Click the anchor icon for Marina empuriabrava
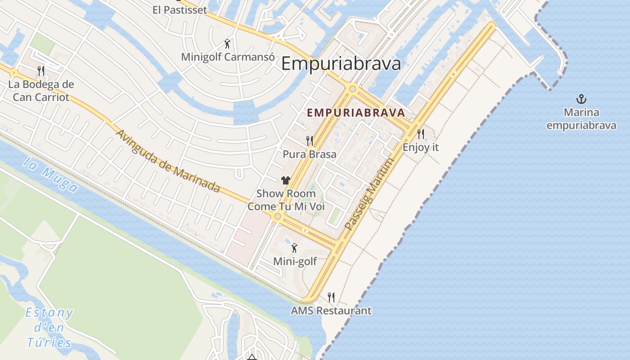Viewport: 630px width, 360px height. [x=581, y=99]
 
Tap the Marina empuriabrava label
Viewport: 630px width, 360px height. [x=581, y=119]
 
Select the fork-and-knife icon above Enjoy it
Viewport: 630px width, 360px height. [x=420, y=134]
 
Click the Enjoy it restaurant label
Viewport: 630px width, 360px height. [x=420, y=147]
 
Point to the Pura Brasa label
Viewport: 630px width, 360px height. [x=309, y=154]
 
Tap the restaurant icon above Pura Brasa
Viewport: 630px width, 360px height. [x=309, y=141]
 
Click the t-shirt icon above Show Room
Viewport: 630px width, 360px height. [x=285, y=180]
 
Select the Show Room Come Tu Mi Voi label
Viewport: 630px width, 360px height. [x=286, y=200]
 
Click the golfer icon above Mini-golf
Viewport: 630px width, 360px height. [x=294, y=247]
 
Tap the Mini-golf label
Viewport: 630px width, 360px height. [x=295, y=261]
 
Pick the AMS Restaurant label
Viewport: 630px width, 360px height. [x=331, y=310]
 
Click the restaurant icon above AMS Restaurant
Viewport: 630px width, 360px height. [x=331, y=297]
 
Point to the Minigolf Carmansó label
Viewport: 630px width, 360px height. [x=228, y=57]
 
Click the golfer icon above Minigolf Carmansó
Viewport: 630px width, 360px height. [x=228, y=44]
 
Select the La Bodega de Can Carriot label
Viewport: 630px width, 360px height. [x=41, y=90]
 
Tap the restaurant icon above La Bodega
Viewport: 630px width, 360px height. [x=41, y=71]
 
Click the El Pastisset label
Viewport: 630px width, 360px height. [x=180, y=10]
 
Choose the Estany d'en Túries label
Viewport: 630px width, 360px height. [x=49, y=328]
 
